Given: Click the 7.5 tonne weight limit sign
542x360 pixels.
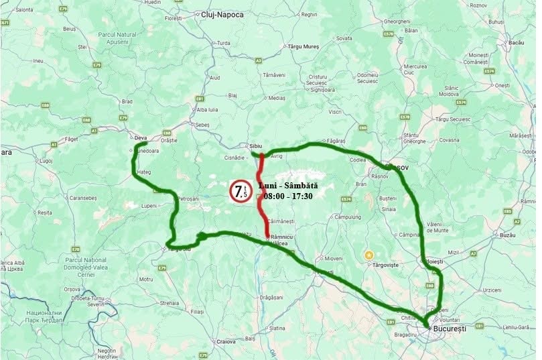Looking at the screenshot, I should click(x=240, y=192).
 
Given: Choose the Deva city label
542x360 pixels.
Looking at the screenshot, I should click(x=141, y=138).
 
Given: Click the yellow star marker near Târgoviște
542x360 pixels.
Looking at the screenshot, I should click(x=368, y=255).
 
